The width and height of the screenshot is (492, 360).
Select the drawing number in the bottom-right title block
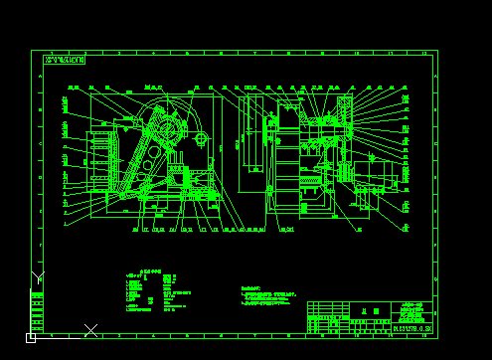pyautogui.click(x=412, y=327)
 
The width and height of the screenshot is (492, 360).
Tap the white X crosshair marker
pyautogui.click(x=90, y=329)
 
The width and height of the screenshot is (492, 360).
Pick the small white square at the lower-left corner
pyautogui.click(x=31, y=338)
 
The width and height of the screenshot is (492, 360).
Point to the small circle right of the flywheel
pyautogui.click(x=200, y=139)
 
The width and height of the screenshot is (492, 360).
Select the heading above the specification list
pyautogui.click(x=149, y=271)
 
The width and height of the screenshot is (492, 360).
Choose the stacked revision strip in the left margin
pyautogui.click(x=37, y=310)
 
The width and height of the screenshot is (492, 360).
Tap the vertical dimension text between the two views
pyautogui.click(x=237, y=144)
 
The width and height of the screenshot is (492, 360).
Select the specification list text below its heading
pyautogui.click(x=149, y=293)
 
